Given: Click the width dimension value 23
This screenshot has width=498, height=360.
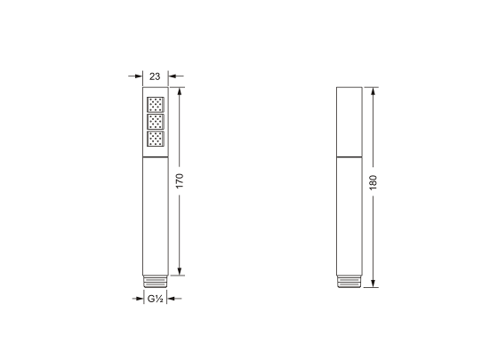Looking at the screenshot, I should coord(156,76).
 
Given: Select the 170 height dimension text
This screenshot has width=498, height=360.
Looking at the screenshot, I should coord(180,182).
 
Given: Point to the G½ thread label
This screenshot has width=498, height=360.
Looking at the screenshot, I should coord(155,299).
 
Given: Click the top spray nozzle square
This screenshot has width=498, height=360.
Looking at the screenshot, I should coord(156,102).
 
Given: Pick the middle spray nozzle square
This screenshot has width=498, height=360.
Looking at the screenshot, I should coord(156,121).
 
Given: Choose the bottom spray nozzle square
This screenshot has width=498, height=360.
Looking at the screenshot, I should coord(156,140).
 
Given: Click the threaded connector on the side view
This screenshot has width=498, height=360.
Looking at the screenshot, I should coord(349,281).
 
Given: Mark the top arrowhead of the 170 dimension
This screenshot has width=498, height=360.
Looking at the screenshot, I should coord(180,92).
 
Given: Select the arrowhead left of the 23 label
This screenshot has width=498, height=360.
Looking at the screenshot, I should coord(138,76).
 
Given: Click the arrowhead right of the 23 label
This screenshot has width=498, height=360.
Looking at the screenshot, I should coord(173,76).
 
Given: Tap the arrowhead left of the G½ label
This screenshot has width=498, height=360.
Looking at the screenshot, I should coord(141,299).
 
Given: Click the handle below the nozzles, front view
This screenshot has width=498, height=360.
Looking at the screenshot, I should coord(156,213).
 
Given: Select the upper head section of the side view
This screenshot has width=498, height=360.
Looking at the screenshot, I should coord(349,120).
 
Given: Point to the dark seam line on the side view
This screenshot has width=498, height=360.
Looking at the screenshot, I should coord(349,156).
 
